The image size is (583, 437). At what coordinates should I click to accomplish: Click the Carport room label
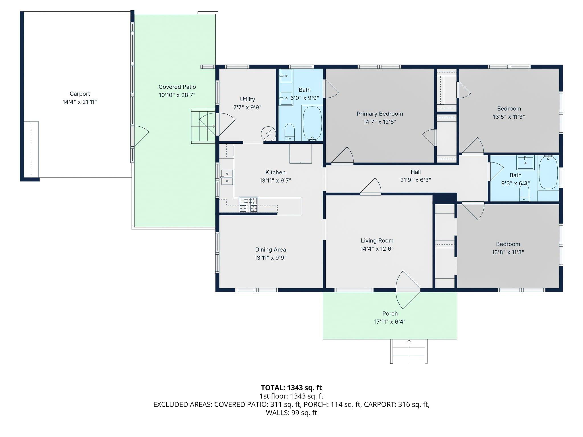pyautogui.click(x=80, y=94)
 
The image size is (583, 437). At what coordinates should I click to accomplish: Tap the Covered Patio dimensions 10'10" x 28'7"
pyautogui.click(x=177, y=95)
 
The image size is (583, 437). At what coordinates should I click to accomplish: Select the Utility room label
pyautogui.click(x=247, y=99)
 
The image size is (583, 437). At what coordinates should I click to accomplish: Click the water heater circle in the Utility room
pyautogui.click(x=268, y=133)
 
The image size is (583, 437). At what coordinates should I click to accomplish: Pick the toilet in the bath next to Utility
pyautogui.click(x=290, y=132)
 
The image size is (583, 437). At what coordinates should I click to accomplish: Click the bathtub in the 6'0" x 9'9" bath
pyautogui.click(x=312, y=123)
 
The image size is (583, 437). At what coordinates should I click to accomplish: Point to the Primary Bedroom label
pyautogui.click(x=380, y=114)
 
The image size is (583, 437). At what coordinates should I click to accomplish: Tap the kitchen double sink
pyautogui.click(x=227, y=177)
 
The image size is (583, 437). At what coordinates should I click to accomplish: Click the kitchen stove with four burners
pyautogui.click(x=248, y=205)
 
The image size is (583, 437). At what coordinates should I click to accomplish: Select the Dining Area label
pyautogui.click(x=270, y=250)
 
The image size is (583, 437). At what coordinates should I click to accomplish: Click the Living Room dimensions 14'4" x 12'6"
pyautogui.click(x=377, y=249)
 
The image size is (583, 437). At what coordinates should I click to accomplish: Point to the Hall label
pyautogui.click(x=416, y=172)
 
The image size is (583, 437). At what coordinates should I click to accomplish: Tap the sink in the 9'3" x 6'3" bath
pyautogui.click(x=525, y=163)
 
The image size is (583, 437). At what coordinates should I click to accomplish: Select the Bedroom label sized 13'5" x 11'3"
pyautogui.click(x=509, y=109)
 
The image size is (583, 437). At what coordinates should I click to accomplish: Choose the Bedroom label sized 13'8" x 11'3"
pyautogui.click(x=508, y=244)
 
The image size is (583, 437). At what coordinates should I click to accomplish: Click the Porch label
pyautogui.click(x=390, y=314)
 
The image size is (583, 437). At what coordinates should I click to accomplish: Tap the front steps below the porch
pyautogui.click(x=409, y=351)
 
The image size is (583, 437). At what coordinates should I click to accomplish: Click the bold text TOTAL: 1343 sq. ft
pyautogui.click(x=291, y=388)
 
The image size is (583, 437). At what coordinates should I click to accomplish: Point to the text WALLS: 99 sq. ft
pyautogui.click(x=291, y=413)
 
